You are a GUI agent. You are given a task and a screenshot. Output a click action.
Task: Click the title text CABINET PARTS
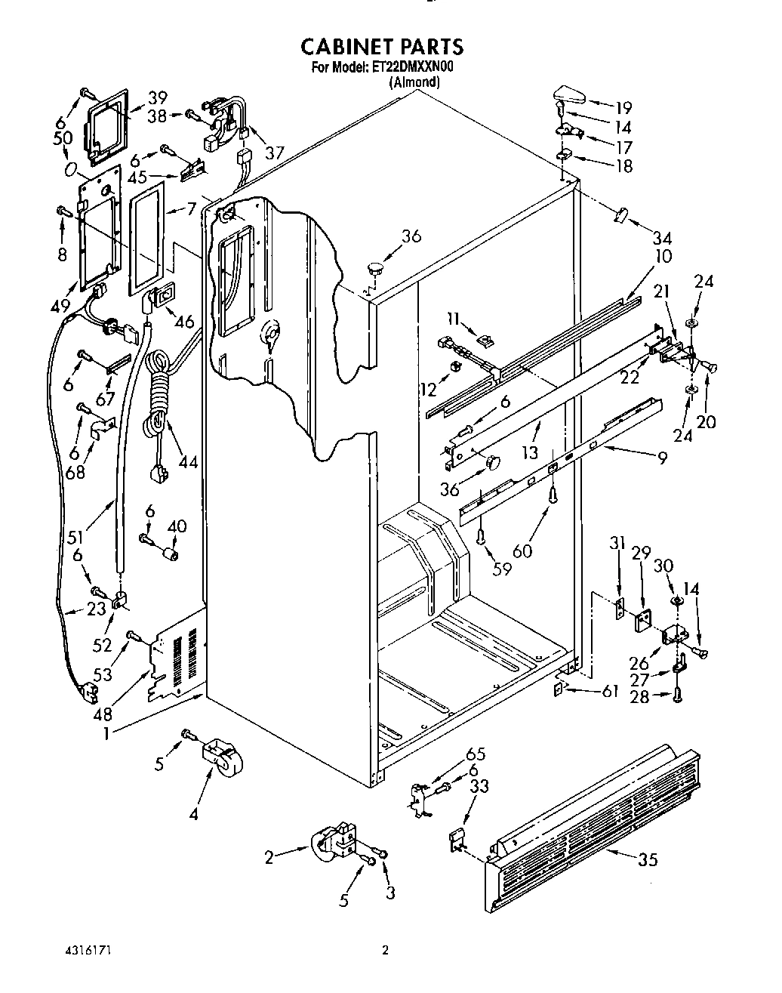382,47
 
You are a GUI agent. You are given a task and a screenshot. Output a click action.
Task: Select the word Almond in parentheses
414,82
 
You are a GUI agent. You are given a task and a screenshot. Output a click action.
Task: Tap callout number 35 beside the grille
648,859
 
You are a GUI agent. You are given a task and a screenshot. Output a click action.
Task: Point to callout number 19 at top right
623,107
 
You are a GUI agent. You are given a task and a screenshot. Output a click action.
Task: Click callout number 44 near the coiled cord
186,460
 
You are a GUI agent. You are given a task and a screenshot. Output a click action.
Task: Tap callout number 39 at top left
157,97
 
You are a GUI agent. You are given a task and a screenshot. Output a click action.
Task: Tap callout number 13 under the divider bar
531,452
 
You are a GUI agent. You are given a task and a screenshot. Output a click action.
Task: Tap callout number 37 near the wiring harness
274,152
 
